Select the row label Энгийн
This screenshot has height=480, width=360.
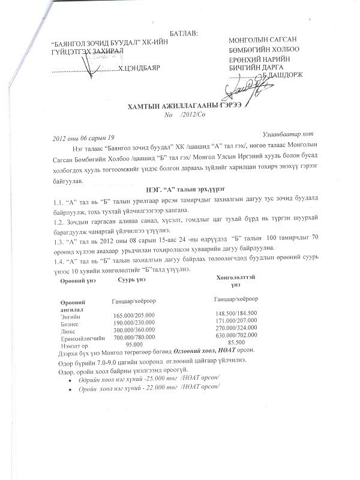(70, 315)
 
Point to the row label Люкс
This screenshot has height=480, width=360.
(67, 331)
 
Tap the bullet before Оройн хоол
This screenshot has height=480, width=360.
(71, 388)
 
